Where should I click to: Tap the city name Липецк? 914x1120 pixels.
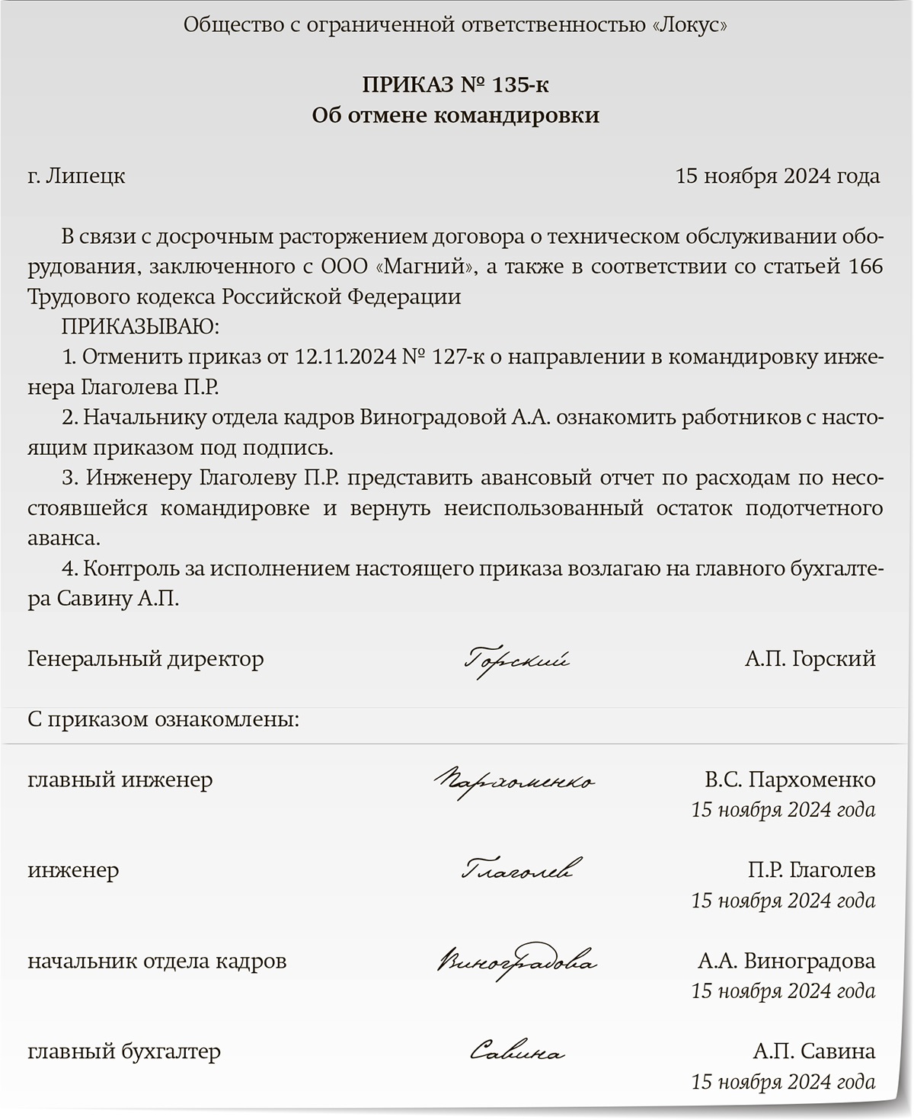[x=85, y=176]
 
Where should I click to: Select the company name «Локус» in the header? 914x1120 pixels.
[x=690, y=25]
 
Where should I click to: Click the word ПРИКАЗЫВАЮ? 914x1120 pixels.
[x=139, y=327]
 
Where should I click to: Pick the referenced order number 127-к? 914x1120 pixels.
[x=456, y=357]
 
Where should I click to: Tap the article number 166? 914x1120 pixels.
[x=864, y=267]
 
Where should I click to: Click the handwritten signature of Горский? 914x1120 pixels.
[x=516, y=660]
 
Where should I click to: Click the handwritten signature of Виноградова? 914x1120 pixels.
[x=516, y=962]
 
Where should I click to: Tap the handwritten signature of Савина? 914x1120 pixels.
[x=516, y=1053]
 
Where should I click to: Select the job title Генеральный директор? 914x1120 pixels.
[x=145, y=658]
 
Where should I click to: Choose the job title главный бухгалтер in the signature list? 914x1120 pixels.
[x=124, y=1052]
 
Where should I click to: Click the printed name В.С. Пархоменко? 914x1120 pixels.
[x=790, y=779]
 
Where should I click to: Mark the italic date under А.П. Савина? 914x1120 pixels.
[x=783, y=1082]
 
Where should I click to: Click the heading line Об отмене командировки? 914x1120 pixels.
[x=455, y=115]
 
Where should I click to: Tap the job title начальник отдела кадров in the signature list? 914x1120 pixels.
[x=157, y=962]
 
